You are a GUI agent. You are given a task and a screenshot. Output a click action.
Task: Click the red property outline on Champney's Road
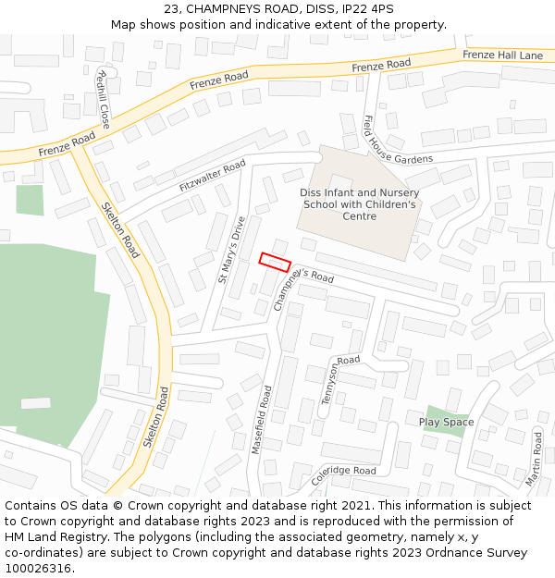click(x=275, y=262)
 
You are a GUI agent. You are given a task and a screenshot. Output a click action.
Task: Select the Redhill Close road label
click(x=102, y=98)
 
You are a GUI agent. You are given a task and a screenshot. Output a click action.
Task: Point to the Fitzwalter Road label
click(x=212, y=176)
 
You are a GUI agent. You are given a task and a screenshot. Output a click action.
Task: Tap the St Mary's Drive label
click(x=230, y=250)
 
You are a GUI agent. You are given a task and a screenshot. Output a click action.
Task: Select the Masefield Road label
click(x=262, y=419)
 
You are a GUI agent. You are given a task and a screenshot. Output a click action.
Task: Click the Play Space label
click(x=446, y=423)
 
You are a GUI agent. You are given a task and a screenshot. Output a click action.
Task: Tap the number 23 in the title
click(x=172, y=8)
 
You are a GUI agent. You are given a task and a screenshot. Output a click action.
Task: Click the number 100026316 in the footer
click(x=38, y=569)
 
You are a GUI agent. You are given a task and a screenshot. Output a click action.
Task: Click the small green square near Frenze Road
click(x=30, y=200)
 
